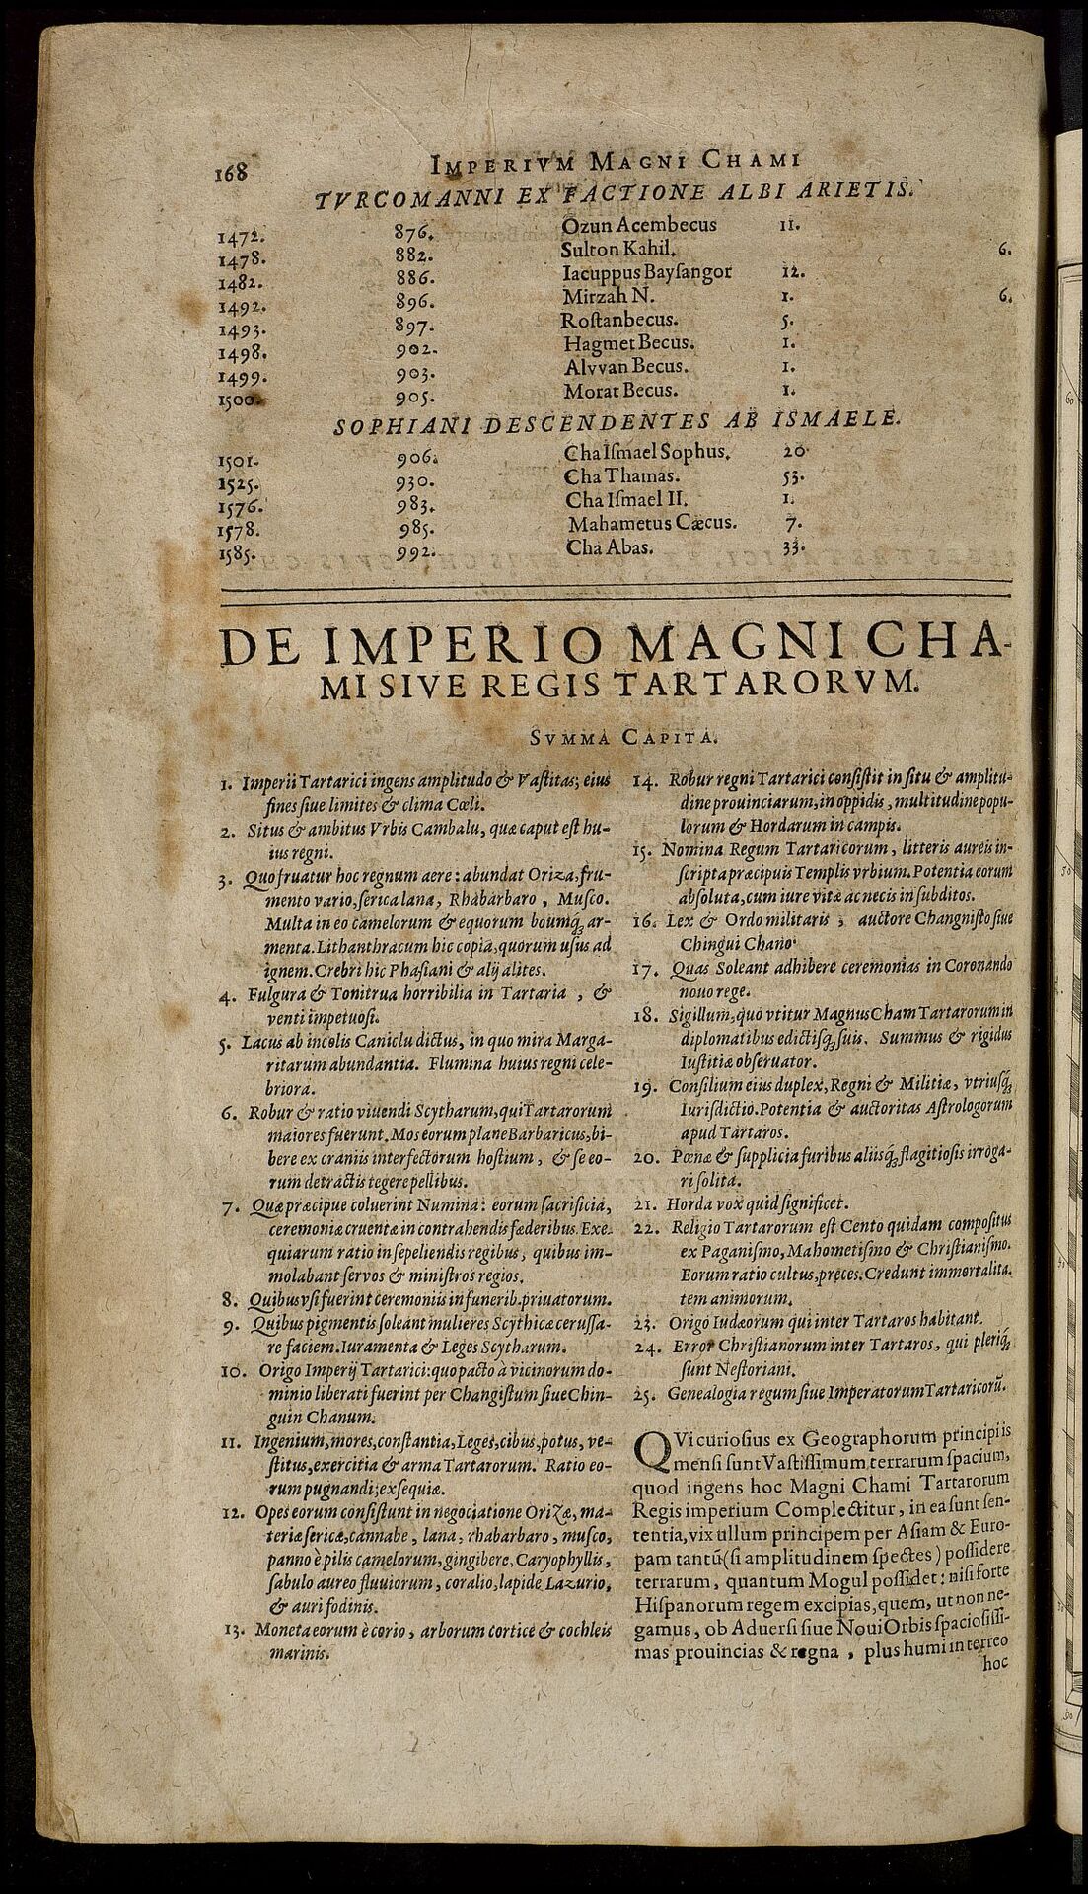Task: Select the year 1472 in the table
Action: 239,238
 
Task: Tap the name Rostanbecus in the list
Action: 618,321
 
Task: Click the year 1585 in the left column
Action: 240,555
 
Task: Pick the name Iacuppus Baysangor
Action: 646,272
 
